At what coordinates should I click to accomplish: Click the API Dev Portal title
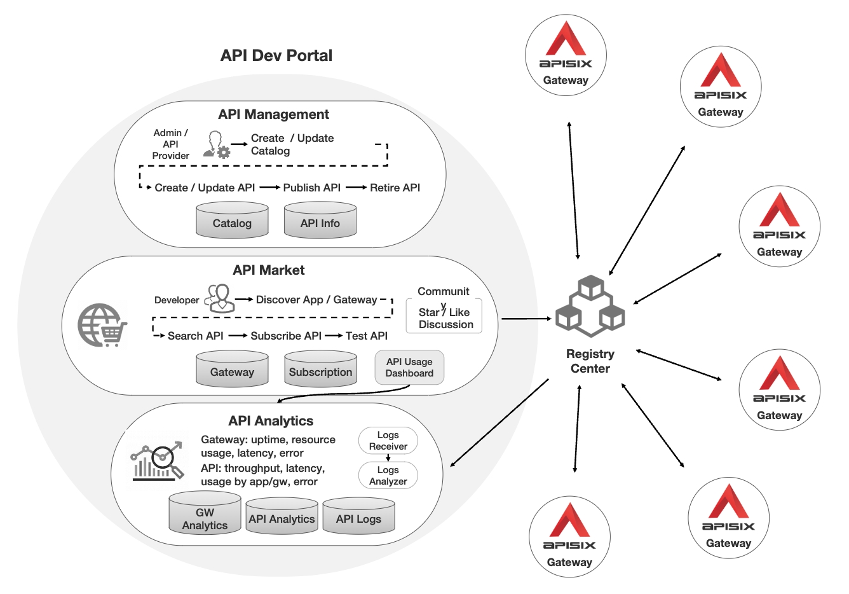276,55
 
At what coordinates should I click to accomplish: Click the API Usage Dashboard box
409,368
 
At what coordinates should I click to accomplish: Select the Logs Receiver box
388,441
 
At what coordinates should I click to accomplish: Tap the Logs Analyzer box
388,475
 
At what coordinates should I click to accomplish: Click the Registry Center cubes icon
590,306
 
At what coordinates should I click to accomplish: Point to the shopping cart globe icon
102,325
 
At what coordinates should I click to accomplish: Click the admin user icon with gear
216,144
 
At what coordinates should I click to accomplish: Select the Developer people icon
219,298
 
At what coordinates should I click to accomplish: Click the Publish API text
311,188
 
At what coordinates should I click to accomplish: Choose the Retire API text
395,188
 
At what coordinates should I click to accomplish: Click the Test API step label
366,336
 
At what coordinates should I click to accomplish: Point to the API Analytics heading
271,421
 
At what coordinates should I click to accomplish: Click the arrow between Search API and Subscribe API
238,336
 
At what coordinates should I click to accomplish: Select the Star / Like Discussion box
445,317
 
